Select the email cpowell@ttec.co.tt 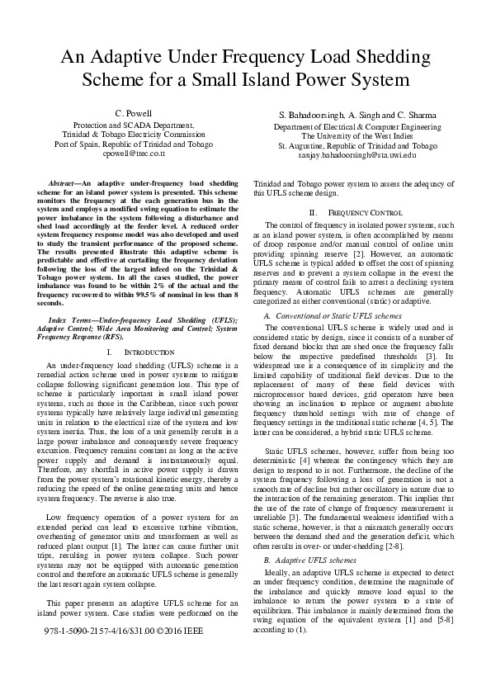click(135, 154)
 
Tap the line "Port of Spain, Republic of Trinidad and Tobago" click(135, 144)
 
